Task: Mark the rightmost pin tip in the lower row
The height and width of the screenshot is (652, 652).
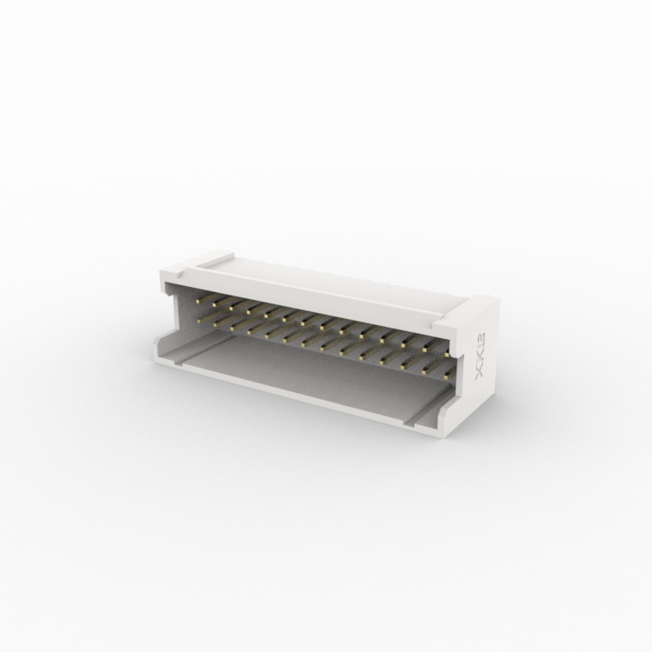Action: coord(446,376)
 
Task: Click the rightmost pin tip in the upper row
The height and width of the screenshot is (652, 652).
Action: coord(446,356)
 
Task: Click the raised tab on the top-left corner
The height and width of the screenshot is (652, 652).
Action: coord(212,257)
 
